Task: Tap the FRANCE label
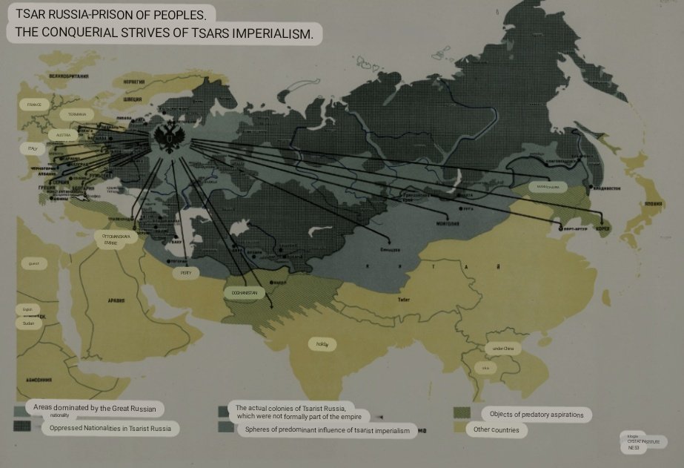[34, 105]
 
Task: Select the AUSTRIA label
[63, 136]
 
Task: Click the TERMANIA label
[77, 114]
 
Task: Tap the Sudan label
[29, 323]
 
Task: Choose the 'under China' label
[502, 348]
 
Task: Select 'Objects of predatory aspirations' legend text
[537, 414]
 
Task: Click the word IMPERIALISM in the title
[275, 33]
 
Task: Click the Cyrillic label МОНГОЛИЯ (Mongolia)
[449, 223]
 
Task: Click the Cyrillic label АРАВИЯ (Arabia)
[114, 302]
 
